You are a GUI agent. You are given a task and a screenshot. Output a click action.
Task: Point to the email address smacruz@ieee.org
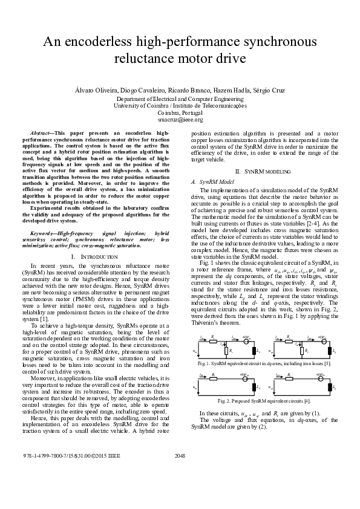(x=180, y=120)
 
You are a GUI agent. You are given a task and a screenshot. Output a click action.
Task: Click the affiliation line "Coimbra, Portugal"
(x=180, y=112)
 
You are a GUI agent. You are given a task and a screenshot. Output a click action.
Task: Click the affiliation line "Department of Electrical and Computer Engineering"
(x=180, y=98)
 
